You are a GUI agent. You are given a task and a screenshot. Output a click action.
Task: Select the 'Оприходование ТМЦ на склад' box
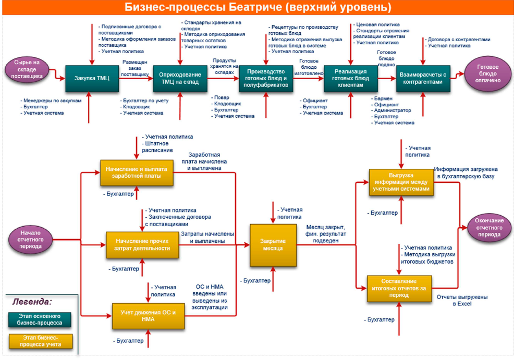tap(177, 78)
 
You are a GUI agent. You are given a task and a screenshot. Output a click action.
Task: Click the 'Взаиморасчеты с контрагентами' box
tap(423, 78)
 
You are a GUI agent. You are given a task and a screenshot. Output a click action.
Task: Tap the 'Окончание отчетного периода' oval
tap(489, 228)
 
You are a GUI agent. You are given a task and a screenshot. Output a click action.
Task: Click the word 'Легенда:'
tap(32, 301)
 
